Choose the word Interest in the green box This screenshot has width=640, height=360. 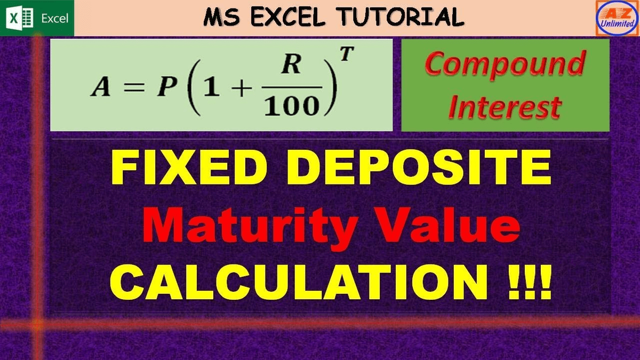point(504,107)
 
